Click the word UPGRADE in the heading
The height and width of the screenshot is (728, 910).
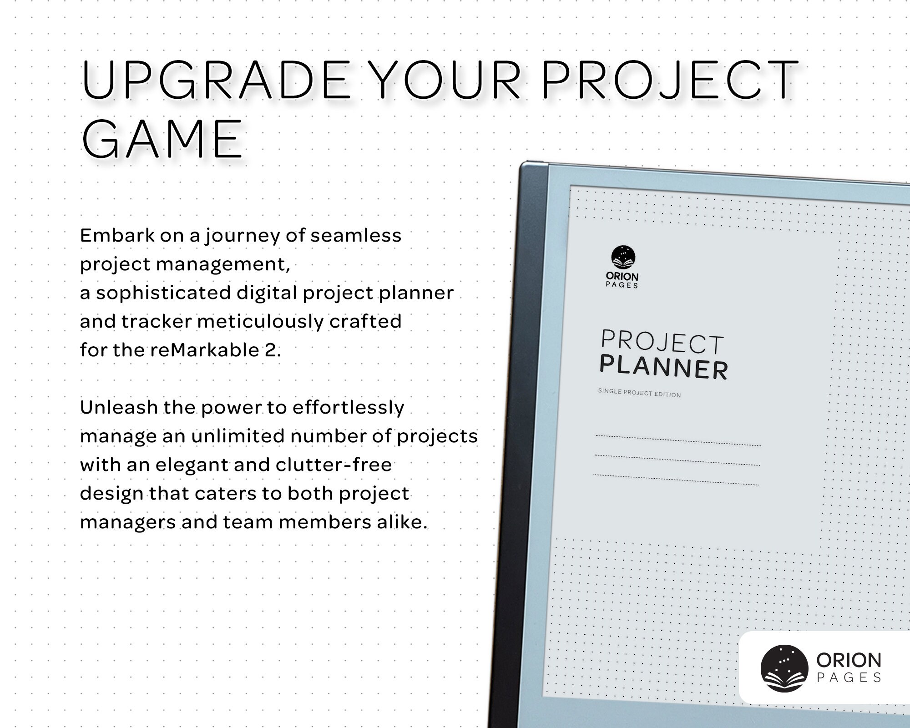point(216,81)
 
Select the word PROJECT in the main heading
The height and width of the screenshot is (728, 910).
point(669,81)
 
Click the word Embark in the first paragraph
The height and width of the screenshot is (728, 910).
point(117,236)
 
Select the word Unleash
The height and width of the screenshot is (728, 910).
point(119,408)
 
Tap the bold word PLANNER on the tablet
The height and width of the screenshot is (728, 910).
point(663,368)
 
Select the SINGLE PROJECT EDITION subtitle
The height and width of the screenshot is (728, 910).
point(639,393)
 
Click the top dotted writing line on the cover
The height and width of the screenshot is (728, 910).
point(678,440)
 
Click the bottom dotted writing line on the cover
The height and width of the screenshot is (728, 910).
point(676,480)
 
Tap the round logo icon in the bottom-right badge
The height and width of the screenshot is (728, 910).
point(784,668)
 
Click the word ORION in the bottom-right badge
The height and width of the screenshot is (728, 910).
point(849,660)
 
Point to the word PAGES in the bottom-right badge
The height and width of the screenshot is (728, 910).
point(849,678)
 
